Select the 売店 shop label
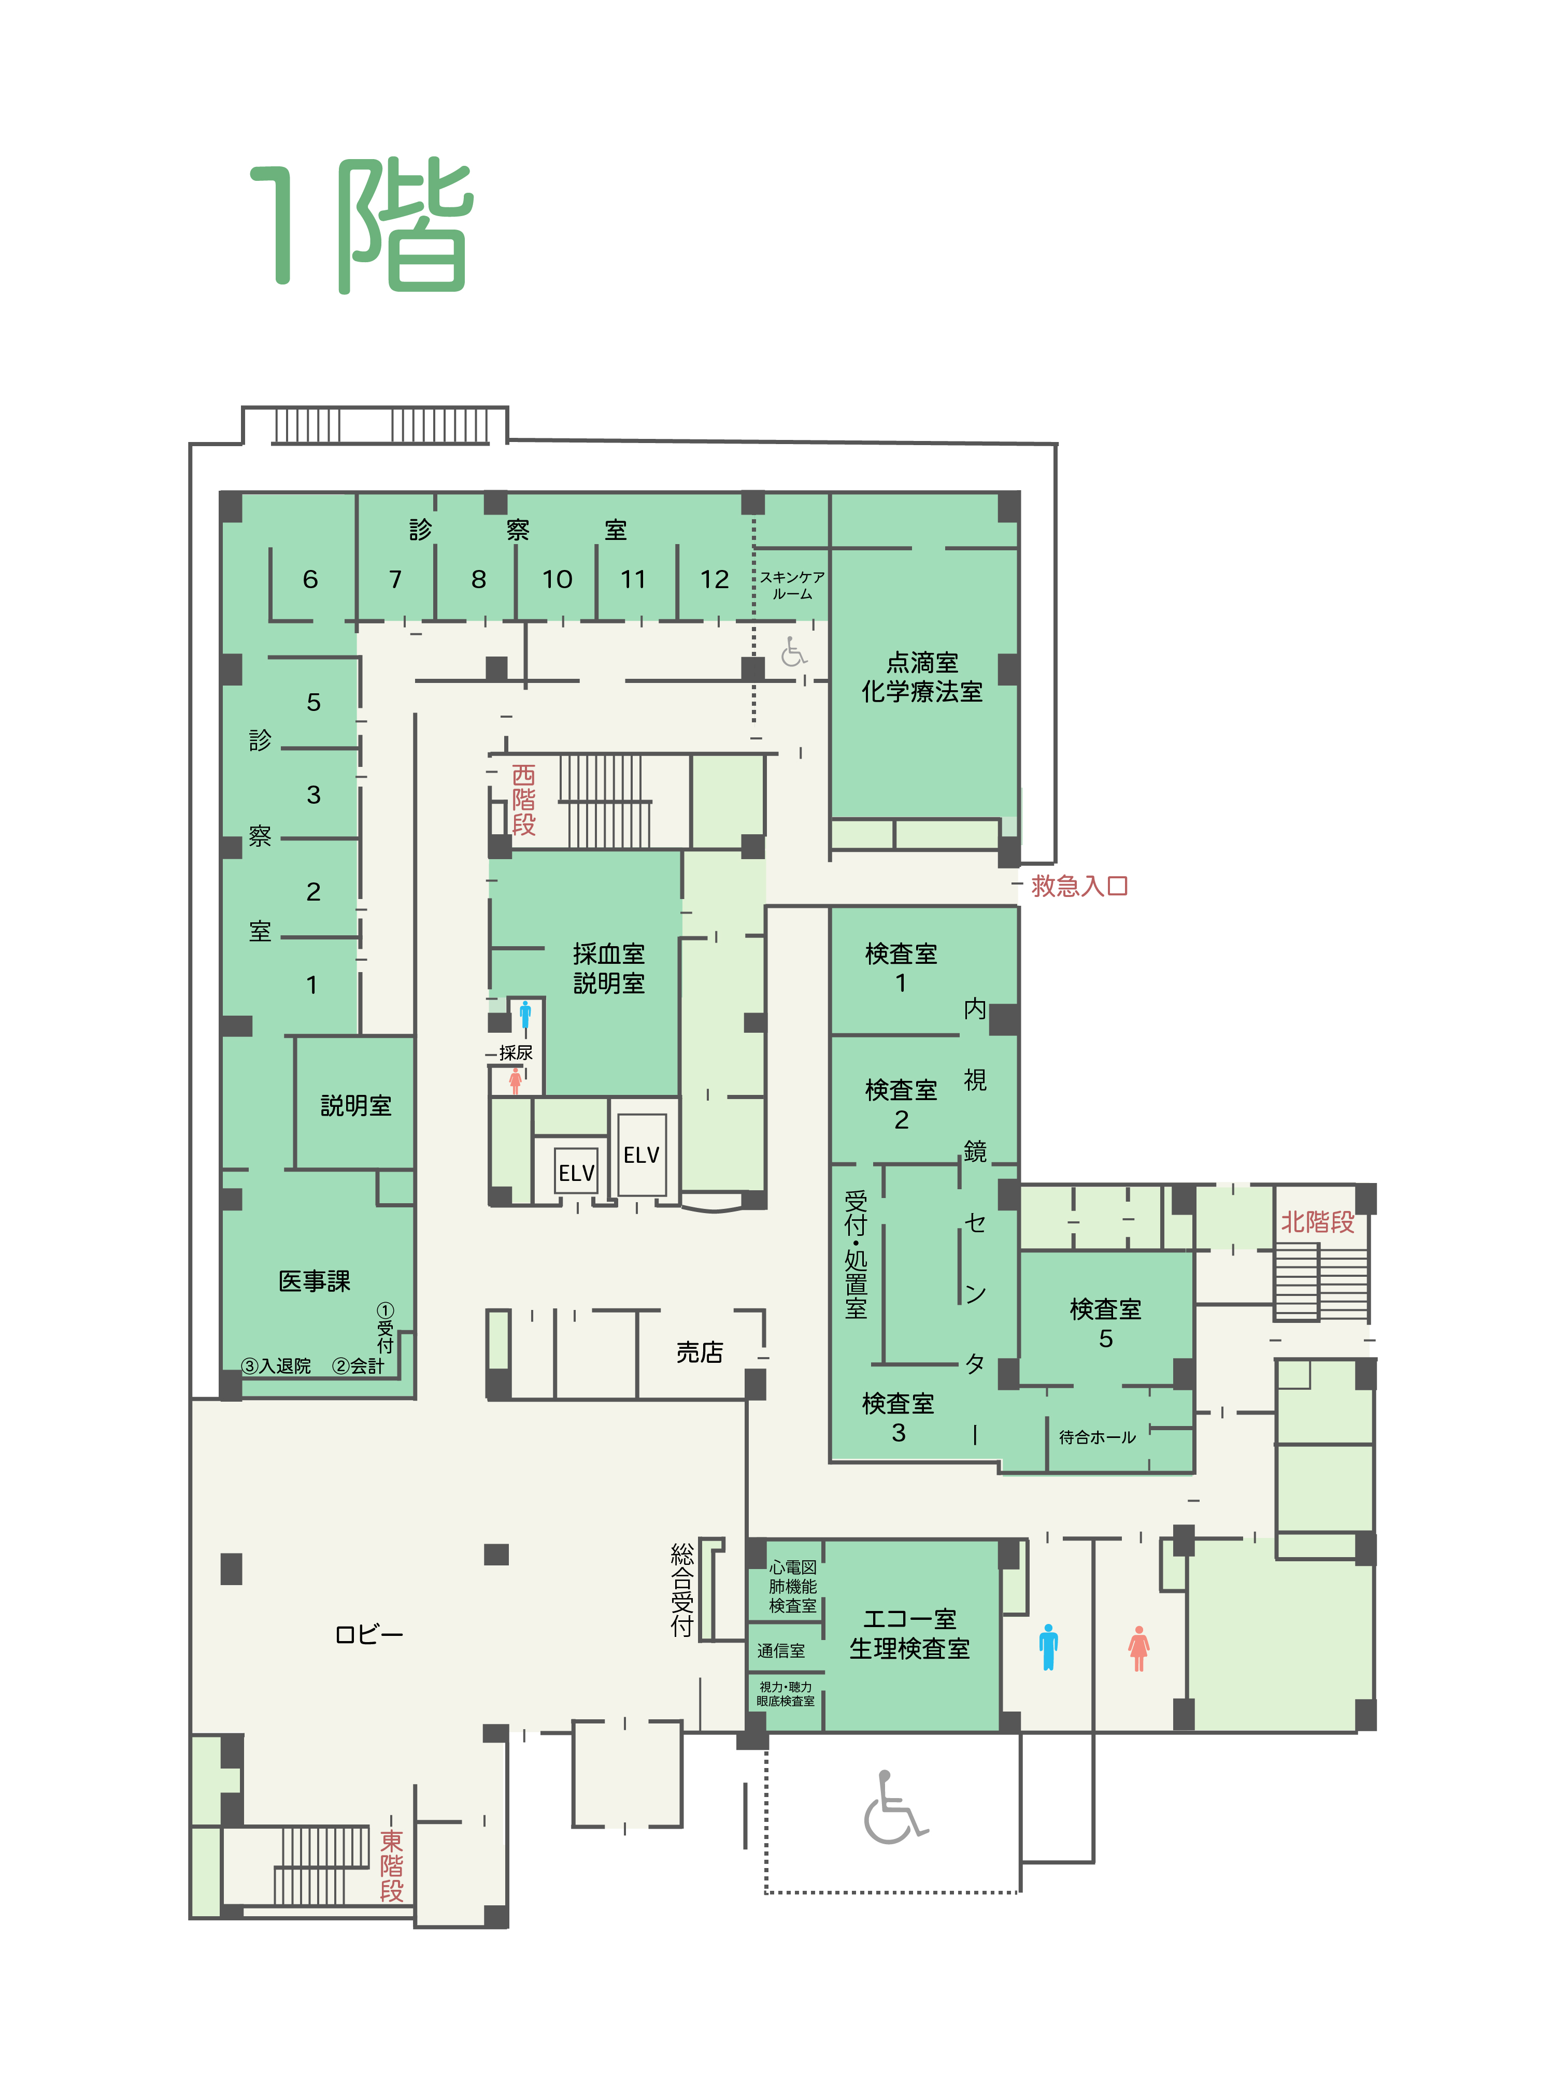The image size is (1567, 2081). click(x=700, y=1352)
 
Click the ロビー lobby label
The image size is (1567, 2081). click(x=369, y=1634)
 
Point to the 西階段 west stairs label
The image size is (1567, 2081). click(x=524, y=800)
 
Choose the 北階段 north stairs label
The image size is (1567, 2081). click(x=1318, y=1222)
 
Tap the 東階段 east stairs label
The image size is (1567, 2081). click(x=391, y=1865)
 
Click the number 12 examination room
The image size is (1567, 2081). click(x=715, y=579)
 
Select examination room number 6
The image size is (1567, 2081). click(x=310, y=579)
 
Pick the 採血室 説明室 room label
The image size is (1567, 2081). click(x=608, y=968)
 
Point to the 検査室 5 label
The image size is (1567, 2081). click(x=1105, y=1323)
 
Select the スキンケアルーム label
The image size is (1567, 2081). click(x=792, y=585)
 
